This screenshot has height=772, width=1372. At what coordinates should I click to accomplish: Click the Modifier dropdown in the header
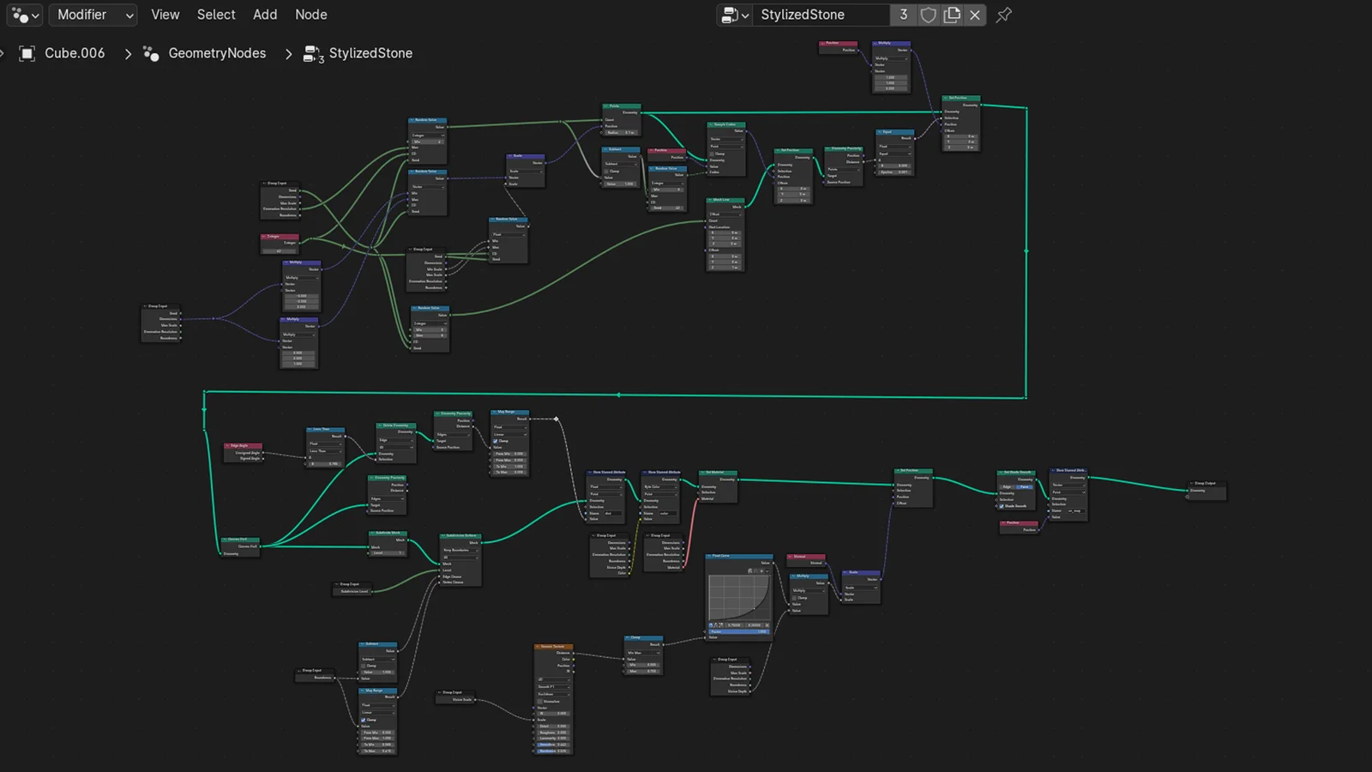(93, 15)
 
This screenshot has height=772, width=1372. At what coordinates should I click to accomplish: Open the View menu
(165, 15)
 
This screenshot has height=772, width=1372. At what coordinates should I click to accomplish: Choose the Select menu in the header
(215, 15)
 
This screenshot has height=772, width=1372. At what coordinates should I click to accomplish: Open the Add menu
(265, 15)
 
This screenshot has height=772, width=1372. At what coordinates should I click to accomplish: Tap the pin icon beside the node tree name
(1003, 15)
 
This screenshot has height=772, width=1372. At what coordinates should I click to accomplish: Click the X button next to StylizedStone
(975, 15)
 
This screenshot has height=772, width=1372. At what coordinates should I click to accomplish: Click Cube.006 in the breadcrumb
(74, 53)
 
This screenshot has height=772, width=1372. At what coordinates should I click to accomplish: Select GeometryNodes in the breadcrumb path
(216, 53)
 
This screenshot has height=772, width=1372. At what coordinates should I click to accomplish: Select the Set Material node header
(718, 473)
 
